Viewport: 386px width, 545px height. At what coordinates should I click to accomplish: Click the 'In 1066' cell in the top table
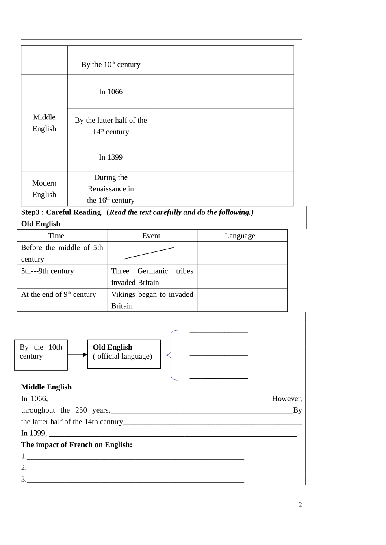click(x=111, y=92)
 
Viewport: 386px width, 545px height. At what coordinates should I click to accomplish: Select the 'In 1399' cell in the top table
click(x=111, y=157)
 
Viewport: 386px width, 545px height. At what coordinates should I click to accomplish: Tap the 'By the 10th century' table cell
click(x=111, y=64)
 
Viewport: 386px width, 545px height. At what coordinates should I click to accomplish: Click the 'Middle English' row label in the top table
click(x=44, y=123)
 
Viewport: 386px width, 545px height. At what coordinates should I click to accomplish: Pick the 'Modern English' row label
click(x=44, y=189)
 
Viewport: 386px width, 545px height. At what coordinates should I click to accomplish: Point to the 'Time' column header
click(x=56, y=236)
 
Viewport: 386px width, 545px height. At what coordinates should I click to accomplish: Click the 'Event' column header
click(x=151, y=236)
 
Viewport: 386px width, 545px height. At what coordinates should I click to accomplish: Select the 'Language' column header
click(x=240, y=236)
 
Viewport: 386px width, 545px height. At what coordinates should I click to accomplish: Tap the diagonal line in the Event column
click(x=149, y=253)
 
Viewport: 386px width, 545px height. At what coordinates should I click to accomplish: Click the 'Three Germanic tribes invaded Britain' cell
click(x=152, y=277)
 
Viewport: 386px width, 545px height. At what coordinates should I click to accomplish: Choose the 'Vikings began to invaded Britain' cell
click(x=152, y=300)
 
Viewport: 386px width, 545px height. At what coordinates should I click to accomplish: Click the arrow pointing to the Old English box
click(x=77, y=355)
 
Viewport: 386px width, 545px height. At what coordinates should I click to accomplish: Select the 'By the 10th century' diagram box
click(x=41, y=355)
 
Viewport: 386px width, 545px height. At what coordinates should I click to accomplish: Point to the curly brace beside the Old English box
click(x=171, y=355)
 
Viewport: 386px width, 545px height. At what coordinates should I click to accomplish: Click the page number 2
click(x=300, y=504)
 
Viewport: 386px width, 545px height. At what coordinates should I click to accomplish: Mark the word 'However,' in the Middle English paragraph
click(x=287, y=399)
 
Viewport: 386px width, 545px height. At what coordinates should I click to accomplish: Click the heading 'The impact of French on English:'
click(x=76, y=445)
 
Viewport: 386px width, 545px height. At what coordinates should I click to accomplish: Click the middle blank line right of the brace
click(x=219, y=355)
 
